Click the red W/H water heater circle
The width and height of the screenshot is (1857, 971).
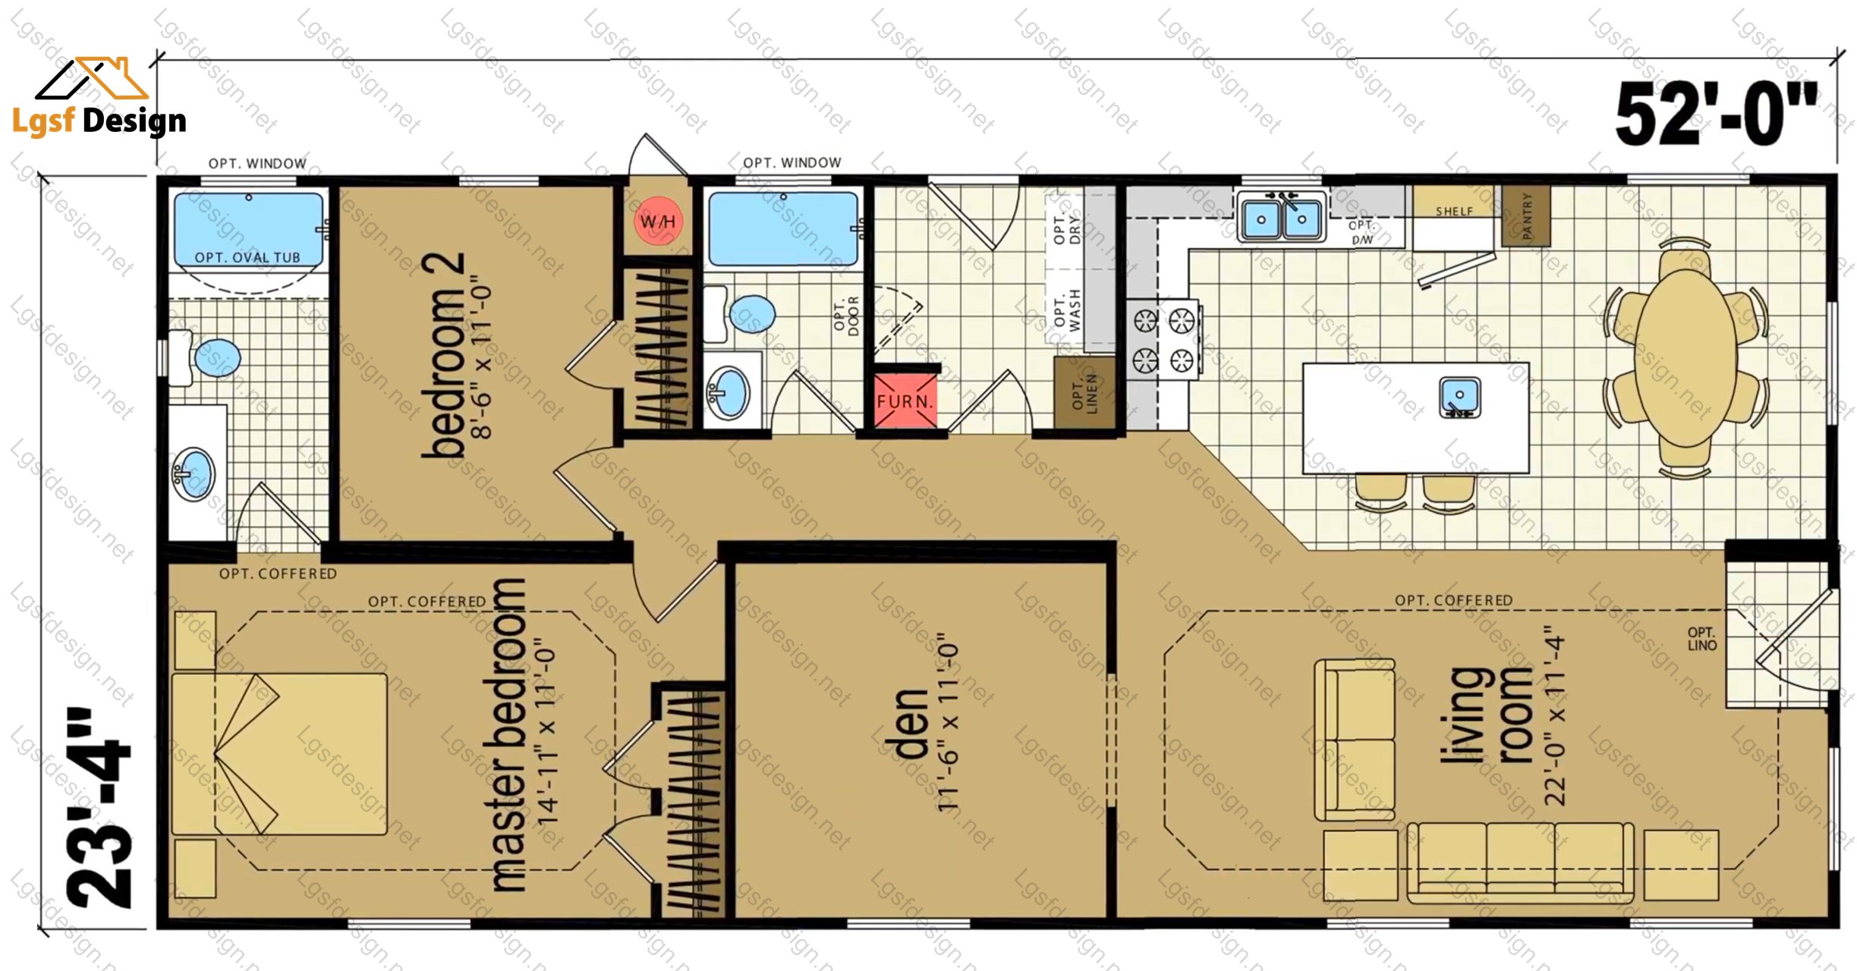[x=657, y=222]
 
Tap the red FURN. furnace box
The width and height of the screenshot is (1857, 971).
[x=905, y=401]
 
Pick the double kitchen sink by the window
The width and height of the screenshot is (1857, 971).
[x=1281, y=218]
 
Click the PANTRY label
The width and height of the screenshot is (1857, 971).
[x=1527, y=216]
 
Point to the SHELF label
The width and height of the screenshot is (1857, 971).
[x=1454, y=212]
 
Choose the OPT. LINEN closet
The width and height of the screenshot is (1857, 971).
[x=1084, y=391]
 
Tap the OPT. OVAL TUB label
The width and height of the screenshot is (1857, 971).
[x=247, y=258]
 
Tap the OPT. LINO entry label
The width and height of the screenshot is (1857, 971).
[x=1701, y=639]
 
